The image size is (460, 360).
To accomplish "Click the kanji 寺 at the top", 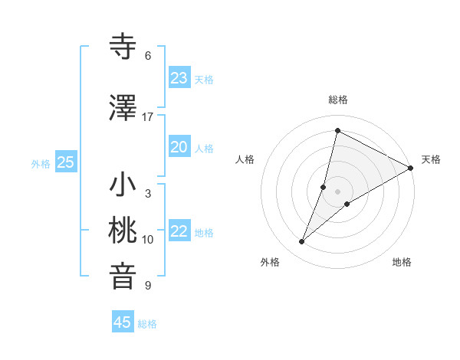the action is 123,47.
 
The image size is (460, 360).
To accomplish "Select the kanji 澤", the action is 123,109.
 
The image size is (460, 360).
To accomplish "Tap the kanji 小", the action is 123,185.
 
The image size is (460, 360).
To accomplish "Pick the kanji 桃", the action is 123,231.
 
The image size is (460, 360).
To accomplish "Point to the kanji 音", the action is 123,277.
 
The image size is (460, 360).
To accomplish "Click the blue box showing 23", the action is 179,78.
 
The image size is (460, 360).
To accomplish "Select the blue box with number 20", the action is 179,147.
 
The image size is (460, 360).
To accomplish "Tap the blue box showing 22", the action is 179,231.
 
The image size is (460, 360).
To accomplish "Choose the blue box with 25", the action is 65,162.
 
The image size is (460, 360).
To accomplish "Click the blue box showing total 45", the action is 123,322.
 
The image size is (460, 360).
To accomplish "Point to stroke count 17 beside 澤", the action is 148,117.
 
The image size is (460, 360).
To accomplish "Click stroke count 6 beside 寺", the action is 148,56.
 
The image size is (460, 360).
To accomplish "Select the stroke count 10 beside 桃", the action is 148,240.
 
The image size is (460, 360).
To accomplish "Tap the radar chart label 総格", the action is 338,100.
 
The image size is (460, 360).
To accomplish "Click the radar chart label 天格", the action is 431,159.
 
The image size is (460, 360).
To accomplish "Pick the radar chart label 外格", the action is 270,262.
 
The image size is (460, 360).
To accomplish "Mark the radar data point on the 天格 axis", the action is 411,169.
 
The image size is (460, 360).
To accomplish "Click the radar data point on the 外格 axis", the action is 302,242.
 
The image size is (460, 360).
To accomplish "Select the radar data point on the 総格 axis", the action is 337,130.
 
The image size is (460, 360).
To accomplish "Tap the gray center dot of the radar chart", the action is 337,191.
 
